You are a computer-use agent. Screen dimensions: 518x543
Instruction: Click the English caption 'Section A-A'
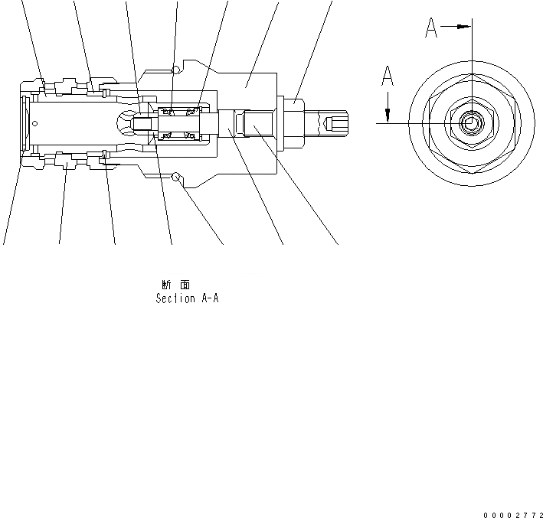pos(187,298)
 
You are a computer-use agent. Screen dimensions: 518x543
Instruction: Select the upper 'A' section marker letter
pos(432,29)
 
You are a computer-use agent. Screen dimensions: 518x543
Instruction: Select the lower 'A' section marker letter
pos(388,77)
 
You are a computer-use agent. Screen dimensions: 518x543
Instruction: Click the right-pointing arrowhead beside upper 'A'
pos(463,26)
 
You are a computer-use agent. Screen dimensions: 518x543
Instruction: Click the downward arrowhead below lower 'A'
pos(388,116)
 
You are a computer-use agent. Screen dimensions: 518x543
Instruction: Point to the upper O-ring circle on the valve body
pos(177,70)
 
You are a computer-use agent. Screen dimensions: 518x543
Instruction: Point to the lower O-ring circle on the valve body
pos(177,178)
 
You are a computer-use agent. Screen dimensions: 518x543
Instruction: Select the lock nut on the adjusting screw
pos(295,122)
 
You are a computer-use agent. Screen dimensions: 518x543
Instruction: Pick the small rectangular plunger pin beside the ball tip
pos(143,123)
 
